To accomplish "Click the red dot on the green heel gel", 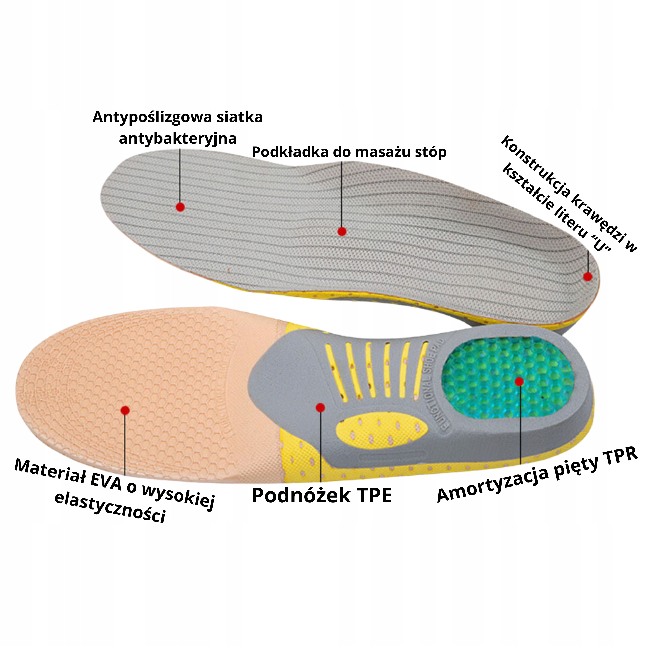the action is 519,381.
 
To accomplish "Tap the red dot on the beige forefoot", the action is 125,410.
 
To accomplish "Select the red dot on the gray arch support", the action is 320,408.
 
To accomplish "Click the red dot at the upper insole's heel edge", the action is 587,277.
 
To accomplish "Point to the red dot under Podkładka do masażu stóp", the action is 342,231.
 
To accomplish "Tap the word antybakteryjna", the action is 178,139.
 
